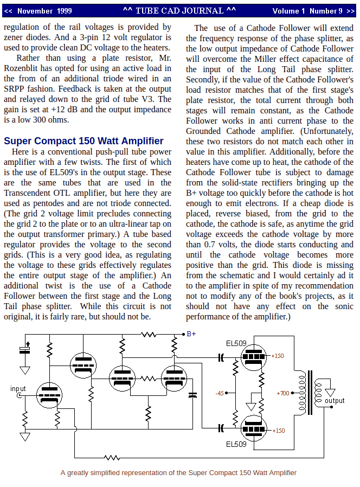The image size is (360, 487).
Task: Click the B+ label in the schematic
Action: click(x=191, y=334)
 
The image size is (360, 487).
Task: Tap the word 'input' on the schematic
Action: click(x=18, y=389)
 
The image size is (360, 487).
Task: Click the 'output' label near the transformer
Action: click(x=335, y=401)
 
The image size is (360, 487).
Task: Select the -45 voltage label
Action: click(x=219, y=393)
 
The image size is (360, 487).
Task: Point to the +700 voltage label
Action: click(x=282, y=393)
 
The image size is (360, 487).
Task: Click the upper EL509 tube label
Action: click(x=236, y=343)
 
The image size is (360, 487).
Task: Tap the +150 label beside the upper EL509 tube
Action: click(x=277, y=356)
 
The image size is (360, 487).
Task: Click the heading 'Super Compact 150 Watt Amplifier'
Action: click(x=83, y=141)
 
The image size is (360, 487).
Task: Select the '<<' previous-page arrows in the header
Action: click(x=8, y=11)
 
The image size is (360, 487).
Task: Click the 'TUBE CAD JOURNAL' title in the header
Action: click(x=179, y=11)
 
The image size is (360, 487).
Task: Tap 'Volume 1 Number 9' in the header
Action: click(x=307, y=11)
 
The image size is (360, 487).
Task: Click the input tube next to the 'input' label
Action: click(x=49, y=394)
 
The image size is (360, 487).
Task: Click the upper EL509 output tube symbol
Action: click(x=254, y=357)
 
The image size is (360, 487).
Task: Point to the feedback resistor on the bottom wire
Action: click(x=112, y=458)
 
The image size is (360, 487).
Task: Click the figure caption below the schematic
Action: click(x=178, y=472)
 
